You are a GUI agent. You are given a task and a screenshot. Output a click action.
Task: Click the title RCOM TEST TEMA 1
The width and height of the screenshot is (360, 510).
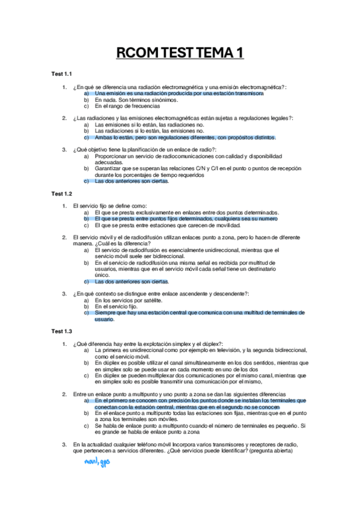click(180, 54)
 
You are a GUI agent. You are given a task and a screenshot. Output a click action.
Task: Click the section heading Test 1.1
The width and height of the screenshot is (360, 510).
click(61, 75)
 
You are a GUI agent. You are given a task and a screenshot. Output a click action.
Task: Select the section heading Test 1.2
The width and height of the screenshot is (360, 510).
click(61, 194)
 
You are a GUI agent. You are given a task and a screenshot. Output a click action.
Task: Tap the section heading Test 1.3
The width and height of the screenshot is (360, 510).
click(61, 331)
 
